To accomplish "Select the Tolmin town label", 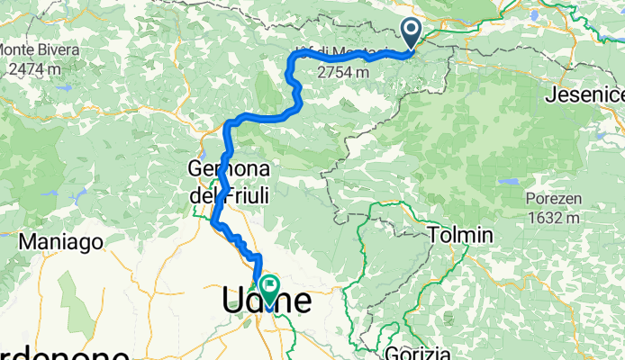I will click(x=461, y=235).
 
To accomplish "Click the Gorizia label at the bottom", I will click(x=417, y=352).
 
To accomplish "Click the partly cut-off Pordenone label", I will click(x=54, y=352).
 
